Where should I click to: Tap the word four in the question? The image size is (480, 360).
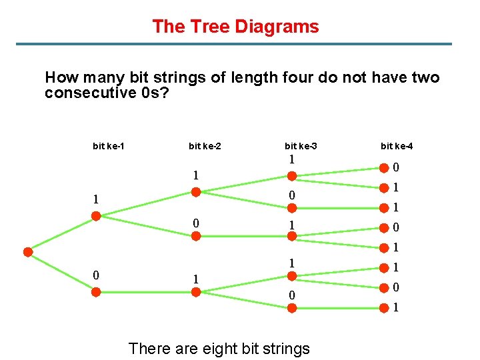pos(279,77)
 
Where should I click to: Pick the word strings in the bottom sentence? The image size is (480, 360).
pos(282,348)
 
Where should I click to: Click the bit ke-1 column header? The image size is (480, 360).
pos(108,145)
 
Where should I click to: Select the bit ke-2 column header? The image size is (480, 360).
pos(205,145)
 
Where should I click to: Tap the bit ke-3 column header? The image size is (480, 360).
pos(301,145)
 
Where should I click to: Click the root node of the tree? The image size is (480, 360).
pos(28,252)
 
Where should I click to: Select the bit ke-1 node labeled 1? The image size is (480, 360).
pos(96,216)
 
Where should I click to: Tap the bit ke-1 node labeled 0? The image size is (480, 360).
pos(96,291)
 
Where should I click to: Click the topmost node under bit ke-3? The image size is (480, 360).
pos(291,177)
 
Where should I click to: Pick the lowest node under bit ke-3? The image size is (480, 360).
pos(291,309)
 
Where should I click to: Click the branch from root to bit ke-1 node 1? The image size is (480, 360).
pos(62,234)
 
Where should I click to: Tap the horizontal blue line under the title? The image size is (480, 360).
pos(240,45)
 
